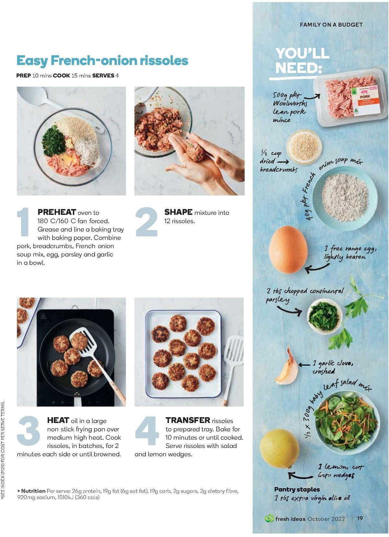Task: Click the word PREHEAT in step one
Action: pyautogui.click(x=57, y=212)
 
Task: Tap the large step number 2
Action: pyautogui.click(x=146, y=222)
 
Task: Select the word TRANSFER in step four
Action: pyautogui.click(x=188, y=420)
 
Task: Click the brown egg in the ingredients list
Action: pyautogui.click(x=288, y=250)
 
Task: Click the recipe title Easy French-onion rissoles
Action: pyautogui.click(x=102, y=61)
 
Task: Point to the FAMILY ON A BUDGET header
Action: pyautogui.click(x=331, y=25)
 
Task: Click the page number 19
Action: pyautogui.click(x=360, y=518)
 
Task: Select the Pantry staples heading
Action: pyautogui.click(x=297, y=489)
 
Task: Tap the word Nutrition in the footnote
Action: pyautogui.click(x=33, y=491)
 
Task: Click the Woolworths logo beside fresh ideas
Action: pyautogui.click(x=269, y=518)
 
